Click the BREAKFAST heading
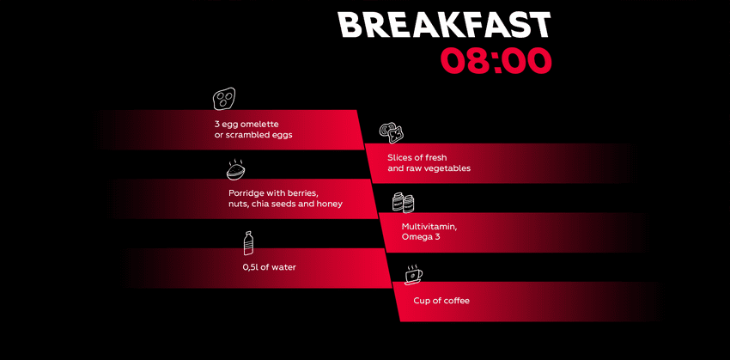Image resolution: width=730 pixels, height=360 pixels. pos(444,25)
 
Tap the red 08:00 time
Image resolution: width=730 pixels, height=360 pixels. pos(496,60)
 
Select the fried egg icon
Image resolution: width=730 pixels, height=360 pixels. pos(224,98)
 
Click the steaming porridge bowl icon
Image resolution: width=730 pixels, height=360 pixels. pos(236,170)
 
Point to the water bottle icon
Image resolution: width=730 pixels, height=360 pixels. pos(249,243)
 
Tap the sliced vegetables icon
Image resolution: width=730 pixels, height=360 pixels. pos(391,132)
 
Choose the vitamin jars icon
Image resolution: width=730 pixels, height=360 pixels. pos(403,203)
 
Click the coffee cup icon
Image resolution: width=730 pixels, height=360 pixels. pos(414,275)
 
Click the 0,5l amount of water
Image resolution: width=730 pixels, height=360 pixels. pos(252,267)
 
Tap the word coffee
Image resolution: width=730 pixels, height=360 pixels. pos(456,301)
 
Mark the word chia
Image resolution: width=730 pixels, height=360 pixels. pos(261,204)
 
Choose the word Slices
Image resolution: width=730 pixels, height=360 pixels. pos(399,158)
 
